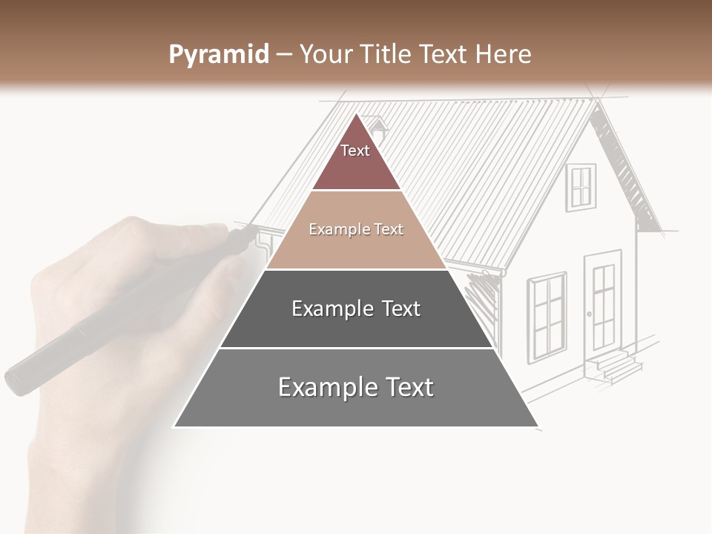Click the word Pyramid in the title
[x=218, y=55]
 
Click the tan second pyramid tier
[x=356, y=230]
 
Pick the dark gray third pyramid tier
[x=356, y=309]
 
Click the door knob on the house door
[x=590, y=314]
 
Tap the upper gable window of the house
[x=581, y=186]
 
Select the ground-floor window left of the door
[x=547, y=317]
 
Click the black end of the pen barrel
[x=22, y=378]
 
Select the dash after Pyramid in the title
[x=283, y=55]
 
